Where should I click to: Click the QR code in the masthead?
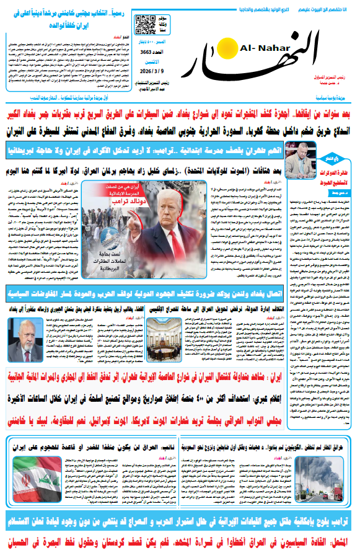coord(144,24)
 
